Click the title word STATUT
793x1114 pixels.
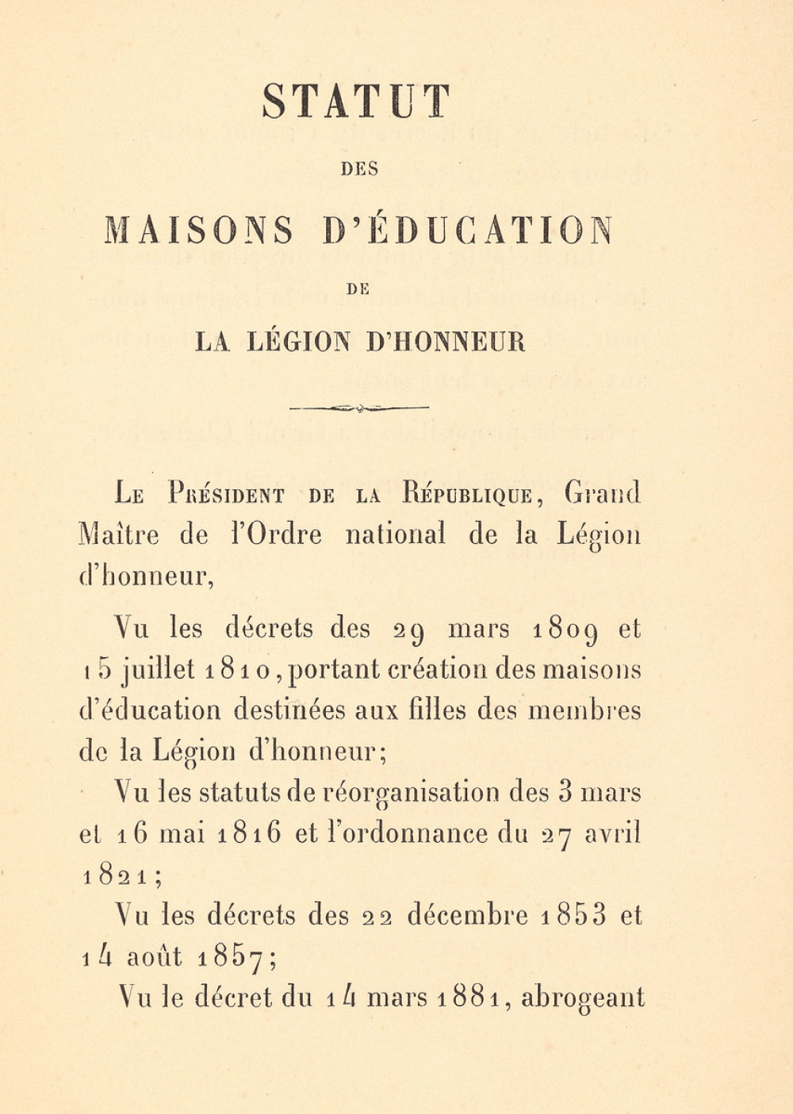coord(356,101)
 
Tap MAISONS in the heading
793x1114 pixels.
coord(199,230)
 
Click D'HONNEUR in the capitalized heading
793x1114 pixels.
coord(446,342)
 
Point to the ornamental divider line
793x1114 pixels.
coord(359,408)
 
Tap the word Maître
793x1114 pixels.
coord(119,534)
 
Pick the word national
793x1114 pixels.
coord(395,534)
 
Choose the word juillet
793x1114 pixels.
coord(159,671)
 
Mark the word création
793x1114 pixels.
coord(437,671)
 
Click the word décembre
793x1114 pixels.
coord(467,916)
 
